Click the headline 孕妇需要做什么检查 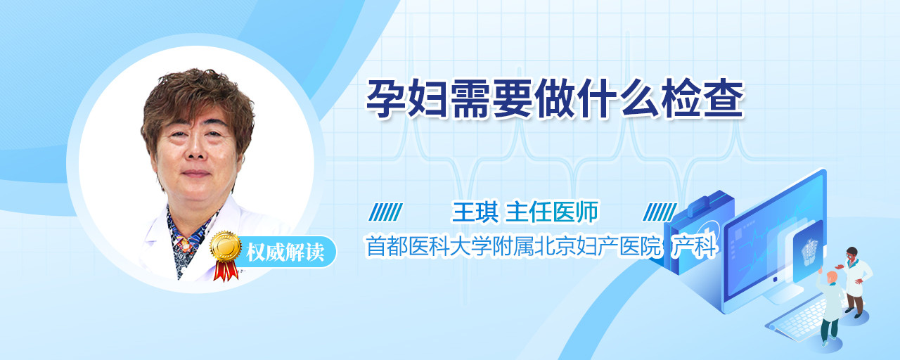555,99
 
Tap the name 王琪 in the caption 475,212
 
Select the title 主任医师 552,212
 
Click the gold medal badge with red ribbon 226,255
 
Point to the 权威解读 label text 285,252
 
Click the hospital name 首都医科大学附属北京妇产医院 513,246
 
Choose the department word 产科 694,246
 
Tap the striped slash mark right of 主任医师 660,212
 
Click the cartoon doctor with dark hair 855,281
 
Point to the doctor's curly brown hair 197,105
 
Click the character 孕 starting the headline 385,99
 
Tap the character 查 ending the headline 724,99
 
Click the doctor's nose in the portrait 195,150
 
